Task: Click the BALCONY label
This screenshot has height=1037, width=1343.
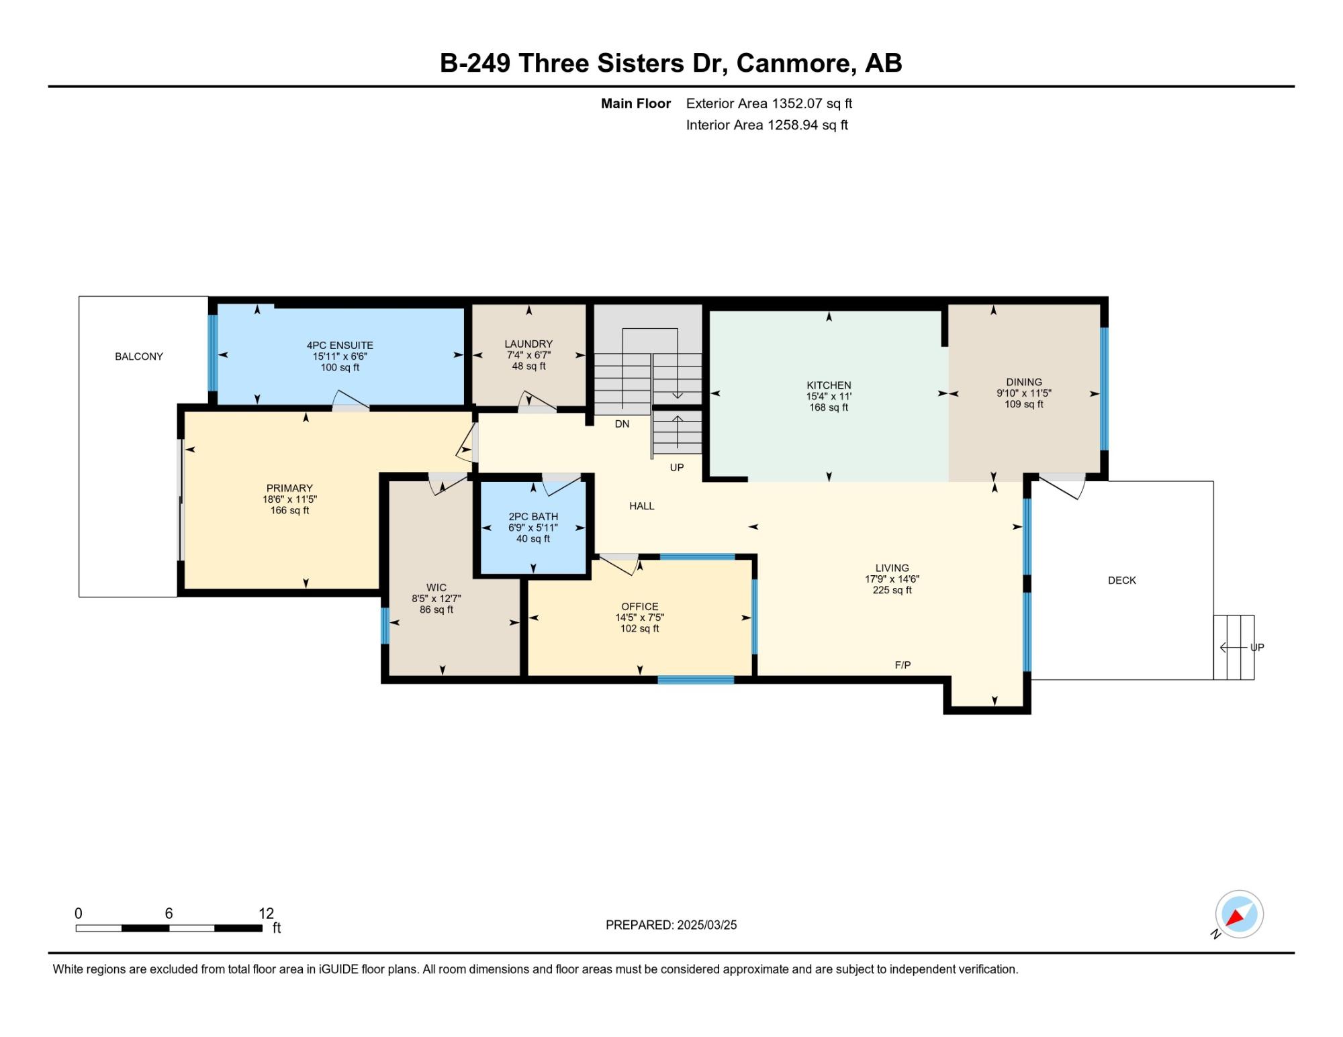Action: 139,356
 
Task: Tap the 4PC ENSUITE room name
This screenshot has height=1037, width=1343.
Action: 340,345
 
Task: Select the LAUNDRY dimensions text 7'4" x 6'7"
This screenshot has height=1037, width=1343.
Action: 529,355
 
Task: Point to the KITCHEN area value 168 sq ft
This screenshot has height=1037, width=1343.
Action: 829,407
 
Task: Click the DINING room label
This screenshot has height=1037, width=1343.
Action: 1024,382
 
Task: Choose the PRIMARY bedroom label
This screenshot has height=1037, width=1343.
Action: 289,488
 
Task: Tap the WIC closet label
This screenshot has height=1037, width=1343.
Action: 436,587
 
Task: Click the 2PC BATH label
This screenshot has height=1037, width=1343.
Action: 533,517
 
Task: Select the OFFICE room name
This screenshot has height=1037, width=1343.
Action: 640,606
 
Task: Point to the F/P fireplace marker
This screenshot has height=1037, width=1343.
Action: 903,665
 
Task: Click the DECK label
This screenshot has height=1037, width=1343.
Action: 1122,581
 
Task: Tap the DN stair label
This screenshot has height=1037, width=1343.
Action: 622,424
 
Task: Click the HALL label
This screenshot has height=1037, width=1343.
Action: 642,506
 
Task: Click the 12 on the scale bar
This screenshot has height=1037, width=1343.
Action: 267,913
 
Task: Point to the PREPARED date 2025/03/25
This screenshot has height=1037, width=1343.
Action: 707,925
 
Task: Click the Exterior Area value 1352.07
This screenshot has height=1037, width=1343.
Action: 797,103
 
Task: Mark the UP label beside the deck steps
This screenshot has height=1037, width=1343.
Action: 1257,648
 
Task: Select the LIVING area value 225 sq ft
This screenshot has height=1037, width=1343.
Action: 892,590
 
